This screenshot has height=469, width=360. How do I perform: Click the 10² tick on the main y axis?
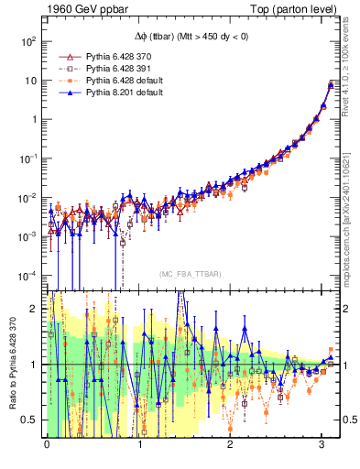pyautogui.click(x=29, y=41)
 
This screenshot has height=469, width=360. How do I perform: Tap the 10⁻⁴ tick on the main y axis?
pyautogui.click(x=27, y=275)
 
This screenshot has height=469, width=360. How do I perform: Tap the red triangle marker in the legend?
pyautogui.click(x=66, y=56)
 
